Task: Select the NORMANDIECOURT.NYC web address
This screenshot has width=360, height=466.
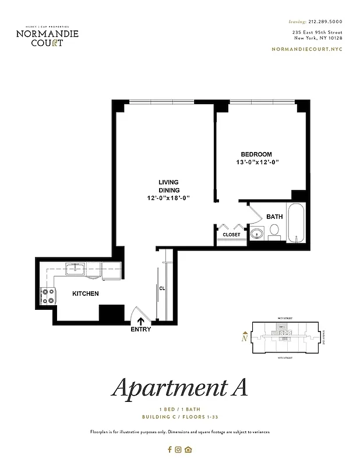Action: tap(307, 50)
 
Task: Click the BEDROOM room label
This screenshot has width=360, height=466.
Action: tap(256, 154)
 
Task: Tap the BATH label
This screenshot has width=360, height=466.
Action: tap(274, 217)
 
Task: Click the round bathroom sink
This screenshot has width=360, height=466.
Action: tap(257, 234)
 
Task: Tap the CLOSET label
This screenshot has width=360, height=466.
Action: tap(231, 235)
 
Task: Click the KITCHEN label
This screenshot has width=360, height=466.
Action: tap(85, 294)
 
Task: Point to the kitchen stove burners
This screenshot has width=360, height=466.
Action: tap(47, 296)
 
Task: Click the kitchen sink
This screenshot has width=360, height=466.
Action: tap(75, 269)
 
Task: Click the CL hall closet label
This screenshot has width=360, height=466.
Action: tap(162, 288)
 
